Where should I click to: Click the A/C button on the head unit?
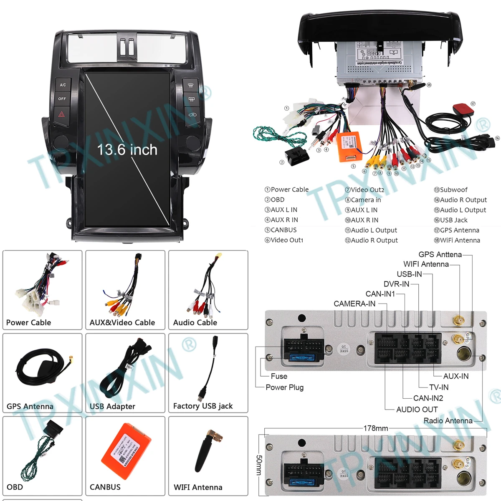click(63, 85)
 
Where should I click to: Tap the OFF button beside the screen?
click(62, 99)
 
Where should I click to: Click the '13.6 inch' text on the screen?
click(127, 150)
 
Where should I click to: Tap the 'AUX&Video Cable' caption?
click(122, 322)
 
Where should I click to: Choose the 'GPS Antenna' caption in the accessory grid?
click(30, 406)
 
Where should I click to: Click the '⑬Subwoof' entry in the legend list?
click(450, 190)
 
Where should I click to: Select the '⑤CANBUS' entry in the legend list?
click(281, 230)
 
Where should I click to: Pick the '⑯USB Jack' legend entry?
click(450, 220)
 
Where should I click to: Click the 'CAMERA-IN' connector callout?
click(354, 304)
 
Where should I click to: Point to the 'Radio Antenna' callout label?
click(448, 420)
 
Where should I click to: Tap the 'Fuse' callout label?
click(279, 376)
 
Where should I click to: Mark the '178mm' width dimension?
click(376, 428)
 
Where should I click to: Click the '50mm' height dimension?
click(259, 465)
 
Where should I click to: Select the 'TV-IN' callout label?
click(439, 387)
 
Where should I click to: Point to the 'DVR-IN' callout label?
click(396, 284)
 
